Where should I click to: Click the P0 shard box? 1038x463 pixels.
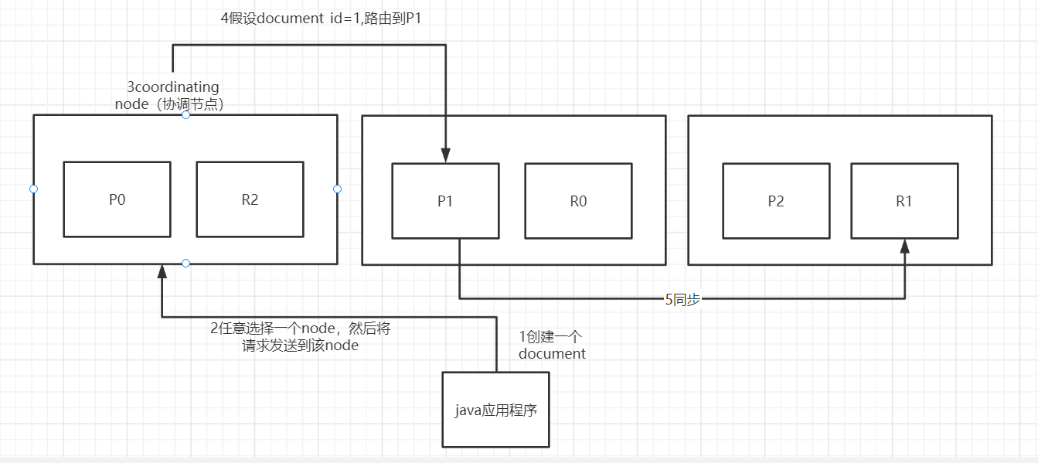(x=117, y=199)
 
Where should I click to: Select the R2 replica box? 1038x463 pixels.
(x=250, y=199)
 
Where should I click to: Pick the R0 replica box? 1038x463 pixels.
(x=578, y=201)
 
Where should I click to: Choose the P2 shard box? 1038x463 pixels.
(x=776, y=201)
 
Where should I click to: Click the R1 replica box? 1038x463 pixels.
(x=904, y=201)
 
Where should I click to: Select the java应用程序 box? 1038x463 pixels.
(x=495, y=410)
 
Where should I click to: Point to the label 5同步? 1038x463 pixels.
(x=682, y=300)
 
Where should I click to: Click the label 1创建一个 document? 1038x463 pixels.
(x=552, y=345)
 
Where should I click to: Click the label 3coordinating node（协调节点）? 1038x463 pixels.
(x=172, y=96)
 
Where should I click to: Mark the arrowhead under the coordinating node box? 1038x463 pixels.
(x=162, y=271)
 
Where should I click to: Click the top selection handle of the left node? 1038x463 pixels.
(x=185, y=115)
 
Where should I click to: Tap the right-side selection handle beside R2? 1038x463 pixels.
(x=337, y=189)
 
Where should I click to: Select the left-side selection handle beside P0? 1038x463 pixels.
(x=33, y=189)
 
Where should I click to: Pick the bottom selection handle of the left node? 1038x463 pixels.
(x=185, y=264)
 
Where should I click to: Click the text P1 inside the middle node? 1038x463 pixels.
(x=445, y=201)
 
